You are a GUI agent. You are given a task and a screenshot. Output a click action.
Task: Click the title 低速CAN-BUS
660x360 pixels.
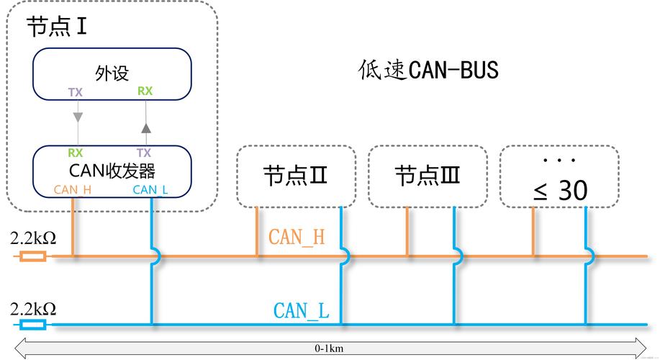428,71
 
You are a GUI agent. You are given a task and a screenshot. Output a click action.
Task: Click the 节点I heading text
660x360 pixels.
57,27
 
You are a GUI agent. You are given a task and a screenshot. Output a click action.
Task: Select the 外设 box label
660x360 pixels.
112,73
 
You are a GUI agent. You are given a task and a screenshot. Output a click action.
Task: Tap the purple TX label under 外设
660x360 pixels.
76,92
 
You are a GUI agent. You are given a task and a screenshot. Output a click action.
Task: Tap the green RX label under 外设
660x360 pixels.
145,91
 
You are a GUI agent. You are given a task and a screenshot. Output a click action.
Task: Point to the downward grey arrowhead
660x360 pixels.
76,117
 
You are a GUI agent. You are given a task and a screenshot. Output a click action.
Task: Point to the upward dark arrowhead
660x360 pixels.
145,128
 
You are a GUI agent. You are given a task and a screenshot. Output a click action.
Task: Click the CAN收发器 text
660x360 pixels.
112,171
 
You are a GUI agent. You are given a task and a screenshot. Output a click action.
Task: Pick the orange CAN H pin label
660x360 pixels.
73,190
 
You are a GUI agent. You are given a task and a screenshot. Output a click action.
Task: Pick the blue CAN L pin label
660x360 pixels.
150,190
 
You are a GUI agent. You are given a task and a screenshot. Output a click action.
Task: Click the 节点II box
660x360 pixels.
297,176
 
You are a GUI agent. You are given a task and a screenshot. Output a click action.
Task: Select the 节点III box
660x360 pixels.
428,176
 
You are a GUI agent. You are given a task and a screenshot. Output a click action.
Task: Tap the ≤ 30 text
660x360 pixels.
560,191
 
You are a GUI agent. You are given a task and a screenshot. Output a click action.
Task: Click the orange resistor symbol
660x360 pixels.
33,256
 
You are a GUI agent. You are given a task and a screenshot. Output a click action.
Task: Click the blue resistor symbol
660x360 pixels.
33,325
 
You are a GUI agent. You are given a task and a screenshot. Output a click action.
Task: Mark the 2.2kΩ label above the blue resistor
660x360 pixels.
33,309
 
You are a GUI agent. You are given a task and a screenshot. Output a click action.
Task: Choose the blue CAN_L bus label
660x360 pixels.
301,311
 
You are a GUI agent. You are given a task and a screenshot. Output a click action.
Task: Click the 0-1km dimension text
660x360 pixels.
329,348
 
